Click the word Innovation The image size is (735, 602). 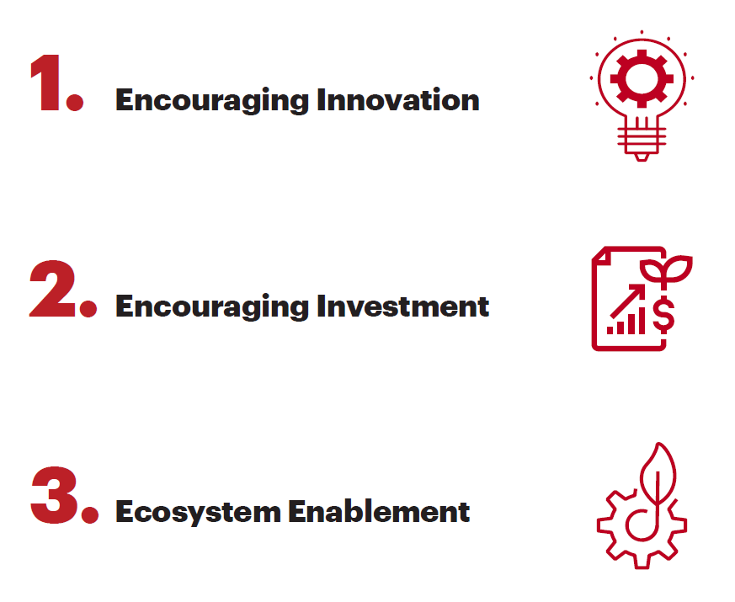(397, 100)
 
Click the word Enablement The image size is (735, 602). (379, 511)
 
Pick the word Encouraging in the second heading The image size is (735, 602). (212, 307)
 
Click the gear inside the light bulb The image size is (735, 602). (642, 78)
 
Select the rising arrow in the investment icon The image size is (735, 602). (633, 299)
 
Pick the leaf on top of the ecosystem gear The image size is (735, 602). (657, 471)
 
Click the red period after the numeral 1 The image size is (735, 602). (76, 102)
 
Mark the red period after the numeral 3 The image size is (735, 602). (88, 513)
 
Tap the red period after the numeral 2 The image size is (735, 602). (88, 307)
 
